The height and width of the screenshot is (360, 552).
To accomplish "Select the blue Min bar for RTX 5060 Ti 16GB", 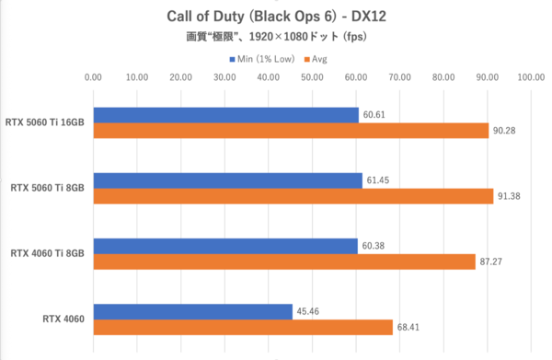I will point(225,114).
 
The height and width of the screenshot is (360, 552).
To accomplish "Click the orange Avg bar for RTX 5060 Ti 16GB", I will point(291,131).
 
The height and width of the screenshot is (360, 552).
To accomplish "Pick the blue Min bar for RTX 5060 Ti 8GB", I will point(227,180).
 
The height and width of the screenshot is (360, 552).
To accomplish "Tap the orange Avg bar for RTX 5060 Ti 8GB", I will point(293,196).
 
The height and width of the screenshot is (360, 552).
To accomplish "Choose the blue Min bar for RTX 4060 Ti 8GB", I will point(224,246).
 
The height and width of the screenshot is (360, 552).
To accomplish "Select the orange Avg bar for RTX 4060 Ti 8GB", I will point(283,262).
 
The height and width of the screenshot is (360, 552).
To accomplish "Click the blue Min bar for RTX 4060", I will point(192,311).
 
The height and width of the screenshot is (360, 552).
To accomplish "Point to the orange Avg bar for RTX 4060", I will point(243,328).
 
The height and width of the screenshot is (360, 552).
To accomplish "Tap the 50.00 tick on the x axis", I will point(312,78).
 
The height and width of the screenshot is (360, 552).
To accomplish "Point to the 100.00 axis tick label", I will point(530,78).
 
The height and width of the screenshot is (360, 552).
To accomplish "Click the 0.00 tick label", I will point(93,78).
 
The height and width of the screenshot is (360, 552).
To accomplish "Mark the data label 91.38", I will point(510,197).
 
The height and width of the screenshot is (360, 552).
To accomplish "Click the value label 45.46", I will point(308,311).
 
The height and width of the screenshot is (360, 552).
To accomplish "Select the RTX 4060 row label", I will point(63,319).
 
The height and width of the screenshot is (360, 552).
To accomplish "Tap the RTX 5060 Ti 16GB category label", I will point(45,122).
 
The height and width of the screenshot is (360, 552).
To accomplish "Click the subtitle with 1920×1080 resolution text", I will point(275,39).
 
